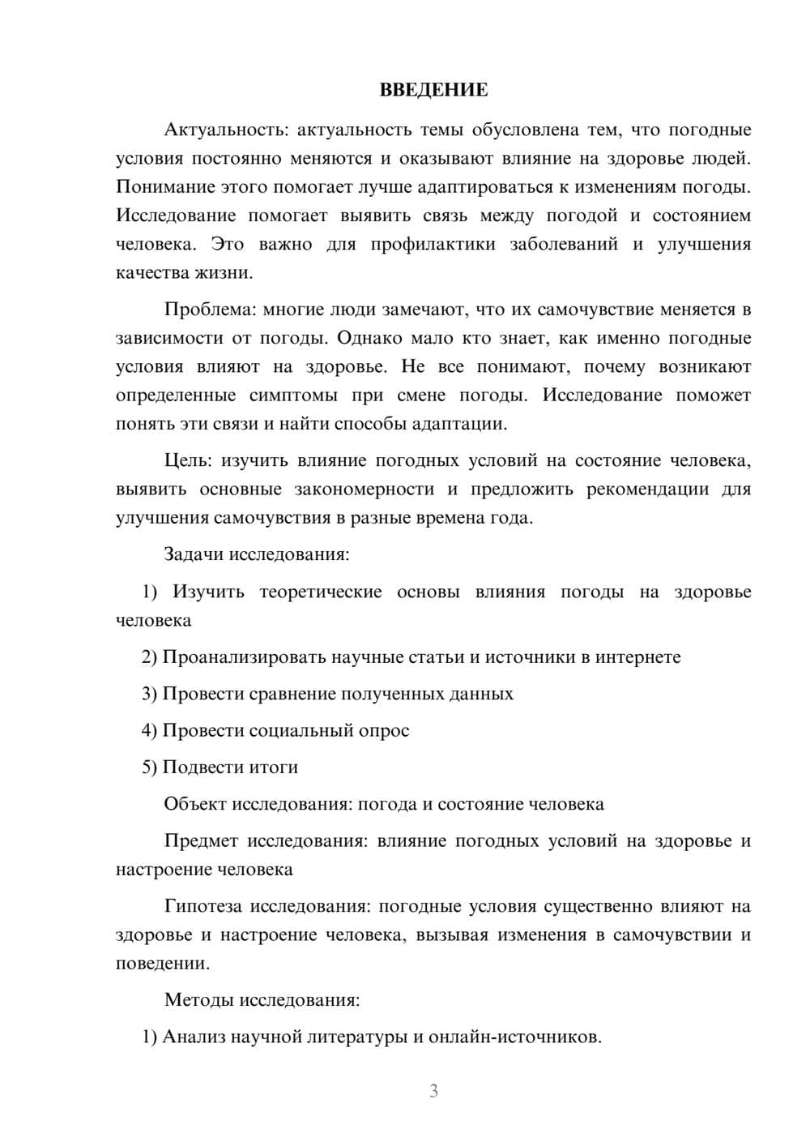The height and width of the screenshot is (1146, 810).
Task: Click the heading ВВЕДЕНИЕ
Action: [433, 90]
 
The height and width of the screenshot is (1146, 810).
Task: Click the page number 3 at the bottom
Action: [433, 1091]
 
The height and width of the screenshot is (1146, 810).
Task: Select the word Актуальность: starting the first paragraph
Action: [224, 130]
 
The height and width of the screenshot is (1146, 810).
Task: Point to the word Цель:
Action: [188, 461]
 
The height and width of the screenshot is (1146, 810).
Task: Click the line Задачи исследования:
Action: [257, 555]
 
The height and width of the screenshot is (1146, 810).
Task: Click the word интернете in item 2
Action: [637, 657]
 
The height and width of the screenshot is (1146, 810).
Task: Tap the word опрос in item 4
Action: [383, 730]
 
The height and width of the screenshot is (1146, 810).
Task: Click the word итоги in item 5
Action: [271, 767]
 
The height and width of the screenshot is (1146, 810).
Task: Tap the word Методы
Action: [197, 1000]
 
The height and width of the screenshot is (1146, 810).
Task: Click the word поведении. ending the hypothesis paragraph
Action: [163, 964]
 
